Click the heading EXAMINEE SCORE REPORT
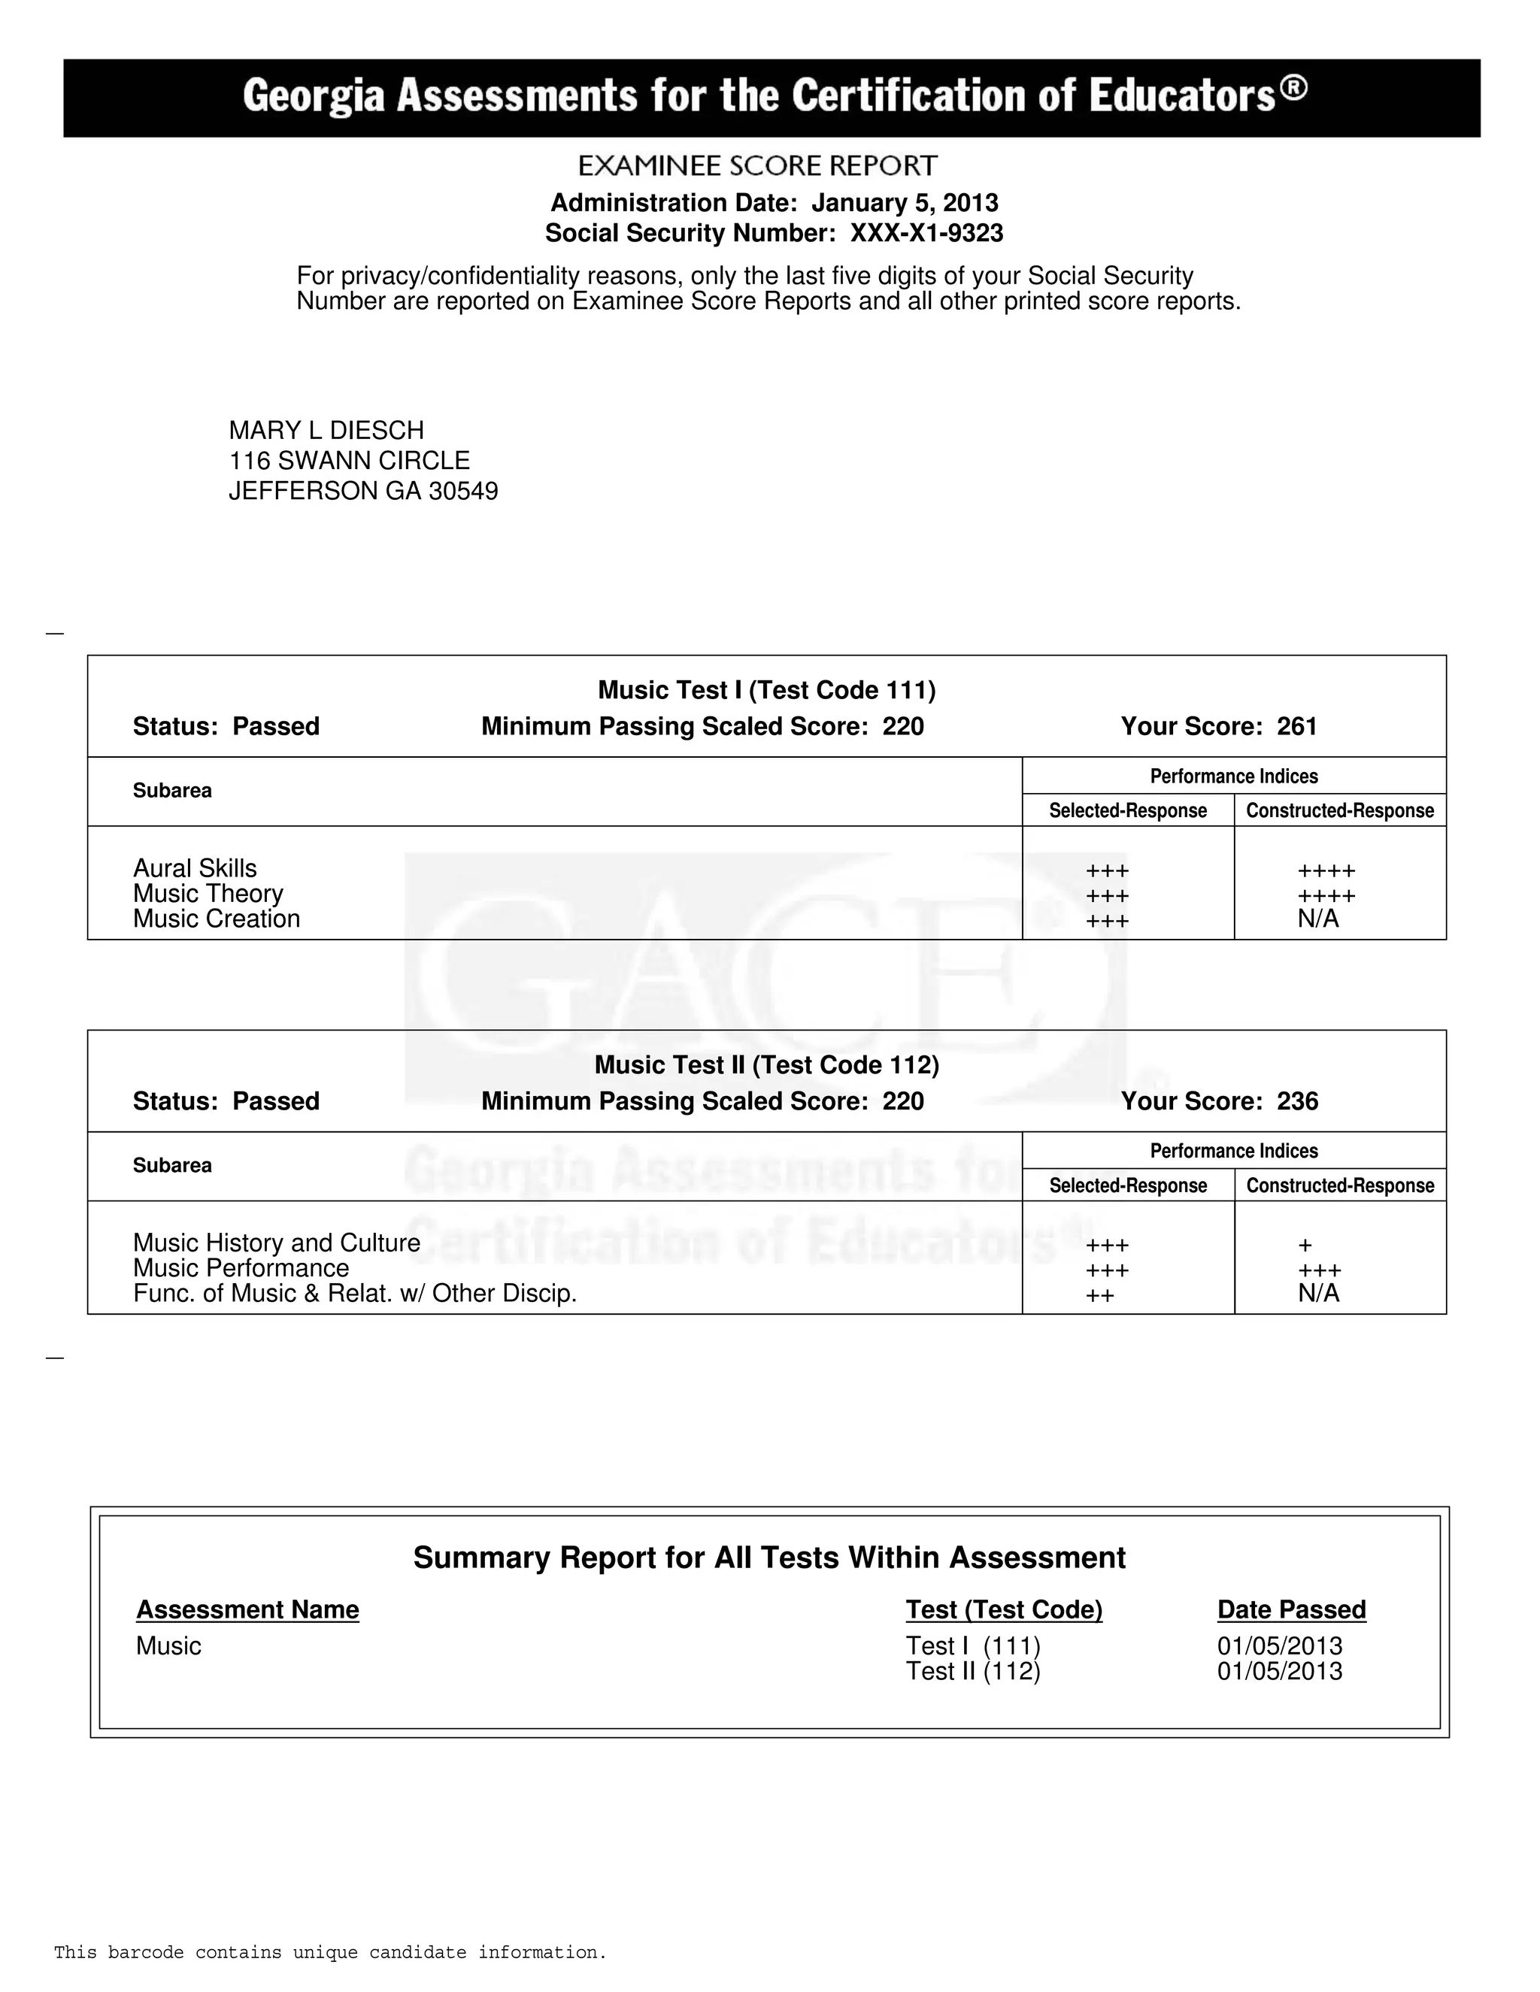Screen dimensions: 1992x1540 tap(757, 166)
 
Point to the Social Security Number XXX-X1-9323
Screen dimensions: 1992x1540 tap(926, 234)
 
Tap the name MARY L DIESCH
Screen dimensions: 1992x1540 tap(326, 431)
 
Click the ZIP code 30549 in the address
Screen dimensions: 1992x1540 tap(463, 492)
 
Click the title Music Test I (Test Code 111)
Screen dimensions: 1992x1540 tap(766, 691)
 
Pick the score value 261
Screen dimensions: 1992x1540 tap(1296, 727)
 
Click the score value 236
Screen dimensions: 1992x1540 tap(1296, 1102)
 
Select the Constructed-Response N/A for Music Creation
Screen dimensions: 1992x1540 tap(1317, 919)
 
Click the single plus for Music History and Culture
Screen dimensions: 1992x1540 tap(1305, 1245)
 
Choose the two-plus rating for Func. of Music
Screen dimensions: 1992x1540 tap(1099, 1296)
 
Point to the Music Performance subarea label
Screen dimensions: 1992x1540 tap(241, 1269)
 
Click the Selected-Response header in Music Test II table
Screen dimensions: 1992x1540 tap(1128, 1185)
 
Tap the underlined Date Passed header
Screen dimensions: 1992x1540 tap(1291, 1610)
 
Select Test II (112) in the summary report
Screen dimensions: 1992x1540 tap(972, 1672)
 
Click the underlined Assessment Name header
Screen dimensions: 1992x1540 tap(247, 1610)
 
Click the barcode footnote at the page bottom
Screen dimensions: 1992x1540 tap(330, 1953)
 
